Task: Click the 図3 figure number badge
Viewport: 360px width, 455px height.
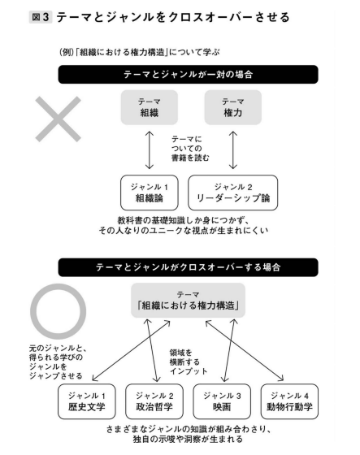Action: (x=41, y=17)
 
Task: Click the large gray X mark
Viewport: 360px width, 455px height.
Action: (x=58, y=119)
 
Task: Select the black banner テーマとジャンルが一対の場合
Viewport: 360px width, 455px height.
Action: (x=189, y=75)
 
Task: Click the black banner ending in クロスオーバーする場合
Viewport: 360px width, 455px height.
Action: (x=189, y=267)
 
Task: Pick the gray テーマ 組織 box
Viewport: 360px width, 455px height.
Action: (x=150, y=107)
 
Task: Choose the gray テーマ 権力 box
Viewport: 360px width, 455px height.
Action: (x=233, y=107)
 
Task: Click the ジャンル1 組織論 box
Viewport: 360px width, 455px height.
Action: (x=150, y=193)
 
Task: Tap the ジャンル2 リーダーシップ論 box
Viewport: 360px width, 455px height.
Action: (x=233, y=193)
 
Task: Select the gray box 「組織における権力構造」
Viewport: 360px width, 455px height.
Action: (x=189, y=301)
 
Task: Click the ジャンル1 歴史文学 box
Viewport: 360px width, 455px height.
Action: (x=86, y=401)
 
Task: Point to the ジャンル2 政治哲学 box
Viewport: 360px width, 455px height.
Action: (x=154, y=401)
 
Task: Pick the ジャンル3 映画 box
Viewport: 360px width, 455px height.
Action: (x=222, y=401)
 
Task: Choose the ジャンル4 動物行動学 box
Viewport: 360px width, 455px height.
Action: (x=289, y=401)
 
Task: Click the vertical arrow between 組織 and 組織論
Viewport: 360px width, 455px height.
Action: (x=150, y=150)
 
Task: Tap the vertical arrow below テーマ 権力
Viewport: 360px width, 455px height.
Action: (x=233, y=150)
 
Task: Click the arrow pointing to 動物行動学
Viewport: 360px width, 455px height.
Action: (x=245, y=350)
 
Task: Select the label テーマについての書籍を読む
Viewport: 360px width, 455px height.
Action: (x=190, y=149)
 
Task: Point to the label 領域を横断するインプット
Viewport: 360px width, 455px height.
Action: (x=189, y=362)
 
